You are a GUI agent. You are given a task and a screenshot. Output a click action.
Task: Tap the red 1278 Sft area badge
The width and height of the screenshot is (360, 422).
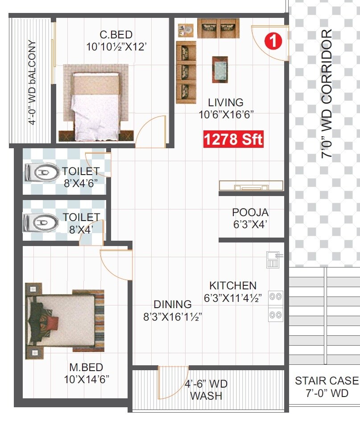click(233, 139)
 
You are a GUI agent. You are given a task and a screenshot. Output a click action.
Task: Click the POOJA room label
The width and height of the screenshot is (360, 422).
click(250, 213)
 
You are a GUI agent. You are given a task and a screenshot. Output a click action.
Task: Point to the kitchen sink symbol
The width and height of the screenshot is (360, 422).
click(273, 259)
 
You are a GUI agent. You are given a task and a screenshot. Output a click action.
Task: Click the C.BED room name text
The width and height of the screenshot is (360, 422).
click(116, 35)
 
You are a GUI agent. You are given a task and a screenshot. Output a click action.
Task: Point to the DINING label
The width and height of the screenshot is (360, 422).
click(173, 305)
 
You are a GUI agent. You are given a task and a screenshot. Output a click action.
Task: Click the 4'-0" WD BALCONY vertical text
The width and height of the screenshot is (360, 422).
click(32, 83)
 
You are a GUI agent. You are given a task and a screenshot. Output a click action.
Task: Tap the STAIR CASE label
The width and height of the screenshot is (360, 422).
click(327, 381)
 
